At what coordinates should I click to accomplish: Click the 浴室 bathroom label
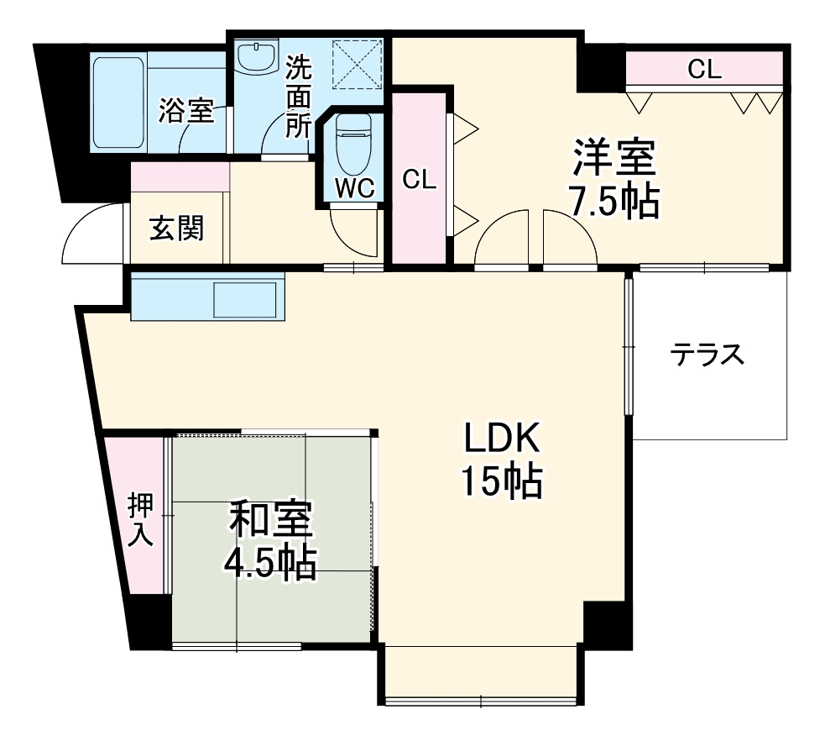coord(186,112)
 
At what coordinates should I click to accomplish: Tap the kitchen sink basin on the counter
coord(245,299)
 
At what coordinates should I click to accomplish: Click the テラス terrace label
coord(708,355)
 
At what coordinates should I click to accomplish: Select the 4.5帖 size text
coord(269,563)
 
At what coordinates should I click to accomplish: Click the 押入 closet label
coord(141,521)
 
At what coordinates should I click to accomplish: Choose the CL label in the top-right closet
coord(704,70)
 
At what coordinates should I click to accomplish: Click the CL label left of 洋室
coord(419,179)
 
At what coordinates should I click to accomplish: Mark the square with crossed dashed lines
coord(356,63)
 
